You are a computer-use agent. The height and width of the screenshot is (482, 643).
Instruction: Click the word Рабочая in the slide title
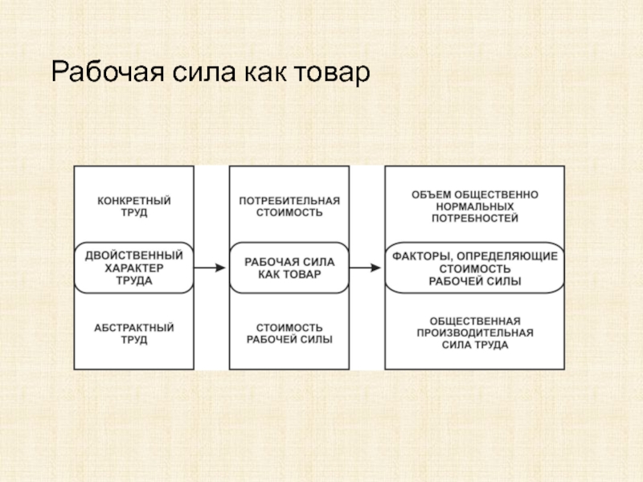(x=108, y=72)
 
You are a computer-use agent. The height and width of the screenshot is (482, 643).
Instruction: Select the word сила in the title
(x=204, y=73)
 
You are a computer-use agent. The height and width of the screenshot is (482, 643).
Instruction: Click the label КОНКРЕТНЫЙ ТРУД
(x=134, y=206)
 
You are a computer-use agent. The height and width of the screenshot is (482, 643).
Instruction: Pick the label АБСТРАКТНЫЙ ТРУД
(x=134, y=333)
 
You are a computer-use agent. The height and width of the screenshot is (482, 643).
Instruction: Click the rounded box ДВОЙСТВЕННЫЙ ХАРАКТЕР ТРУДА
(x=134, y=268)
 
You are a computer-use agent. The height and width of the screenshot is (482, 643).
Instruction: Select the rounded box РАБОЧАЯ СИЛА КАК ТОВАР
(x=289, y=268)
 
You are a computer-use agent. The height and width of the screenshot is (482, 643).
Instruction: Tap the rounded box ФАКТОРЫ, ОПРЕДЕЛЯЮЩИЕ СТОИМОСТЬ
(x=475, y=268)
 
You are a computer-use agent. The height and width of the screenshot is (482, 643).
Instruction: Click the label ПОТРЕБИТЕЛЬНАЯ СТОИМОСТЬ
(x=289, y=206)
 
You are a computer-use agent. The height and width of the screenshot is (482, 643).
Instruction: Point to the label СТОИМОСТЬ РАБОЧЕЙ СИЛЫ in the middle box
(x=289, y=333)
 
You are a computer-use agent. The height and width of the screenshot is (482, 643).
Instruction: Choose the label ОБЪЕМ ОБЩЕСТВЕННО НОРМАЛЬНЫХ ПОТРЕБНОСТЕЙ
(x=475, y=206)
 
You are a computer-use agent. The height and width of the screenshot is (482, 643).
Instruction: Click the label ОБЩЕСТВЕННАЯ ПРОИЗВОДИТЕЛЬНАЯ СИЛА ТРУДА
(x=475, y=333)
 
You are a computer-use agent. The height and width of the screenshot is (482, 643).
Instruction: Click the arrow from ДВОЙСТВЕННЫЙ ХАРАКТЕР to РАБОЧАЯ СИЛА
(x=210, y=268)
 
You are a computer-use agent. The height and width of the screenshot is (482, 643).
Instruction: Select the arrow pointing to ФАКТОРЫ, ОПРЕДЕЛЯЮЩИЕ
(x=366, y=268)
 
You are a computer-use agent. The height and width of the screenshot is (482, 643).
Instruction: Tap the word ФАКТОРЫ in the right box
(x=423, y=257)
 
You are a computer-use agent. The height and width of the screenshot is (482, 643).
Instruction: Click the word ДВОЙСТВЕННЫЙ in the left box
(x=134, y=255)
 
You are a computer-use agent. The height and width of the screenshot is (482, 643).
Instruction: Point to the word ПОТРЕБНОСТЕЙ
(x=475, y=218)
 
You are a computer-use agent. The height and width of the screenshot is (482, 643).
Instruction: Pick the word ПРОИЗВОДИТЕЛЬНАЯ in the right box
(x=475, y=333)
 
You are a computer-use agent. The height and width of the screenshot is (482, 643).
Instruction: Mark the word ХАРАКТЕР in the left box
(x=134, y=268)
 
